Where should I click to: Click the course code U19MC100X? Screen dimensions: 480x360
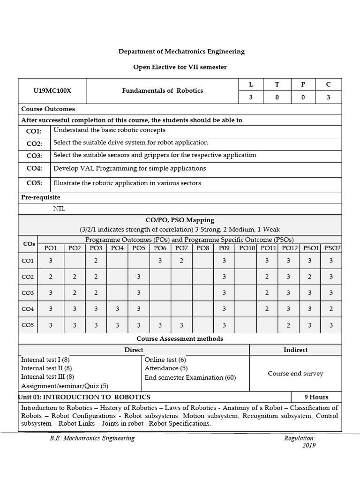pyautogui.click(x=52, y=91)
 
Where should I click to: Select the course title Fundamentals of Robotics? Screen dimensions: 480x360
pyautogui.click(x=162, y=90)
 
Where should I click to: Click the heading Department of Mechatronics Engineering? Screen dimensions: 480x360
pyautogui.click(x=181, y=52)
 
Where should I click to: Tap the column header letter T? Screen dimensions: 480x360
pyautogui.click(x=277, y=84)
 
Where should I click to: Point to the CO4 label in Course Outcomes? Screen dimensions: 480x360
pyautogui.click(x=34, y=168)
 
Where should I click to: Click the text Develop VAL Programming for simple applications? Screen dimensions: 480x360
pyautogui.click(x=129, y=168)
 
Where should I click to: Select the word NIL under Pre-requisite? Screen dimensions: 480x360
pyautogui.click(x=59, y=209)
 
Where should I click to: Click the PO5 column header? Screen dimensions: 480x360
pyautogui.click(x=139, y=248)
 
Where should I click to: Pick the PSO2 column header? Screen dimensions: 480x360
pyautogui.click(x=332, y=248)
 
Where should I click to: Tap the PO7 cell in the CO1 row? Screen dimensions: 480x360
pyautogui.click(x=181, y=261)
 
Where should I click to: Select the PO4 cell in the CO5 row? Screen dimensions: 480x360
pyautogui.click(x=117, y=325)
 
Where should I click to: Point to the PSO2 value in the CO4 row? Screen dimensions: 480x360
pyautogui.click(x=331, y=309)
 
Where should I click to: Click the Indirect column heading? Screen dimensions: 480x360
pyautogui.click(x=295, y=350)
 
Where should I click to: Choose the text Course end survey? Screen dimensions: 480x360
pyautogui.click(x=295, y=374)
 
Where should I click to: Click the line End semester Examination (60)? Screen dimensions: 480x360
pyautogui.click(x=190, y=377)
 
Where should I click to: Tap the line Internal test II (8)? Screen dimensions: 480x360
pyautogui.click(x=46, y=368)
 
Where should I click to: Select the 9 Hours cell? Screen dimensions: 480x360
pyautogui.click(x=316, y=397)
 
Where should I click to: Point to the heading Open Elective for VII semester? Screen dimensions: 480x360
pyautogui.click(x=180, y=67)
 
